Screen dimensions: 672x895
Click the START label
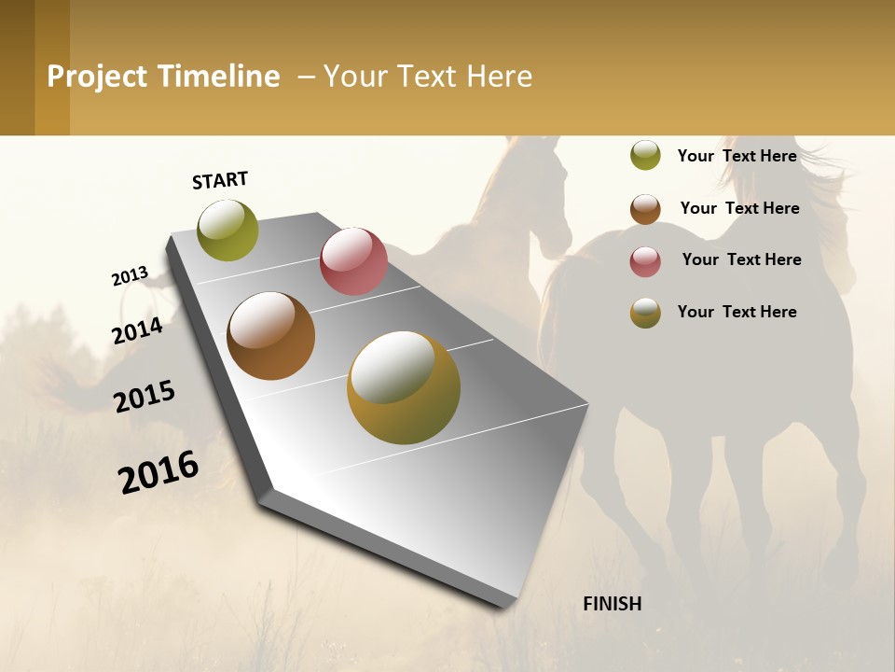[x=220, y=180]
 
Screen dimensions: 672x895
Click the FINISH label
[x=613, y=604]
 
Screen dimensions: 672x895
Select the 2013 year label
[x=130, y=276]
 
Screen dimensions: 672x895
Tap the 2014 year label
[x=137, y=330]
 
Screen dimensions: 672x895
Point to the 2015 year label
[x=145, y=396]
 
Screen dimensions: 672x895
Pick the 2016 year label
[x=158, y=472]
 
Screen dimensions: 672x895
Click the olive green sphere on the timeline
[x=227, y=231]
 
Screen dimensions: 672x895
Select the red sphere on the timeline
[x=353, y=261]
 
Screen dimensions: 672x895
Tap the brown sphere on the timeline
[x=270, y=336]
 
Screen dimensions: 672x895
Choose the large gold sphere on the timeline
[x=404, y=388]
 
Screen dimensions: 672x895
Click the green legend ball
[x=645, y=155]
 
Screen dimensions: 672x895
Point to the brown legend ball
[x=645, y=209]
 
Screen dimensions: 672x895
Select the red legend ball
[x=645, y=261]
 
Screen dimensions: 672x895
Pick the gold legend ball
[x=645, y=313]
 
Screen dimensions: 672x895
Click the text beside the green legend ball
[x=737, y=156]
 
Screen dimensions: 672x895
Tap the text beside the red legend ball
[x=741, y=259]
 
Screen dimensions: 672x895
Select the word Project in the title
[x=98, y=77]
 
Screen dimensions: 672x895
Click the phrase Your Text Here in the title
[x=427, y=77]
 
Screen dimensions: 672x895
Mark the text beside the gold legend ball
[x=737, y=312]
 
